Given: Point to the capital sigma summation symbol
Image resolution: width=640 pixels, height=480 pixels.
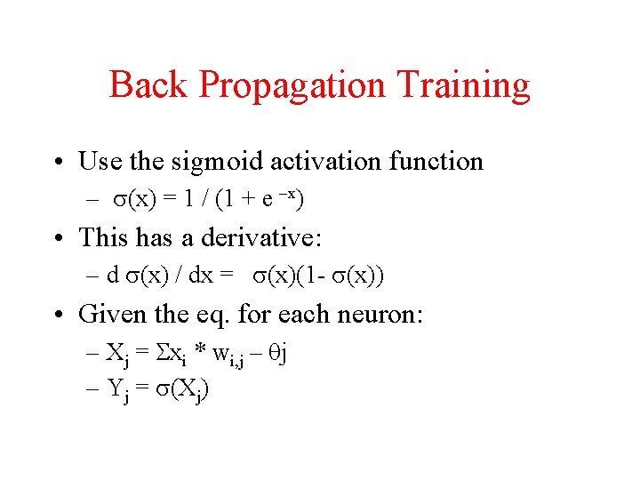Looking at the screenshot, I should (x=161, y=353).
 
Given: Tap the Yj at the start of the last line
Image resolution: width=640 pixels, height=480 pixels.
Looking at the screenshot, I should (x=116, y=390).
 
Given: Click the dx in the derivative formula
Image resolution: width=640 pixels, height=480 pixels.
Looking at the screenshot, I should (x=201, y=276).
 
